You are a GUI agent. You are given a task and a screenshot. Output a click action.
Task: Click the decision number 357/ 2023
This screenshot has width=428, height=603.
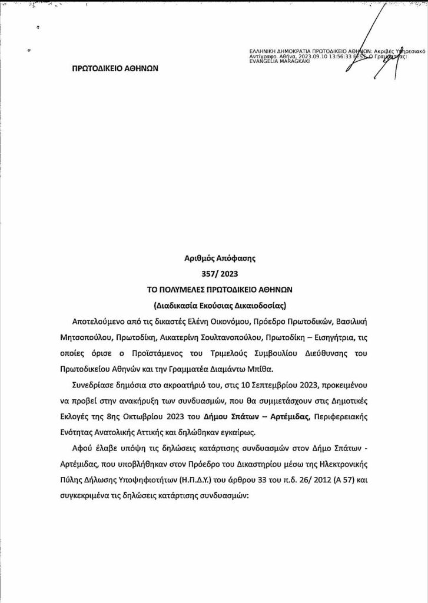[214, 273]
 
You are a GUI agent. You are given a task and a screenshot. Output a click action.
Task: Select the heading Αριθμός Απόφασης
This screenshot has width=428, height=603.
[214, 257]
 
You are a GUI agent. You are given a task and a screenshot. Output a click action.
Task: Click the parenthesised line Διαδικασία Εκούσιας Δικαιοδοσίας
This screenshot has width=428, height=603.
[214, 306]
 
